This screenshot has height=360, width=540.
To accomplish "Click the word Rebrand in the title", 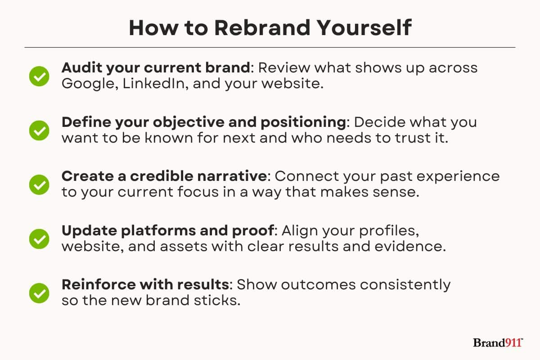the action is [262, 28].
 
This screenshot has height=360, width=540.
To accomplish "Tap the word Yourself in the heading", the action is [364, 28].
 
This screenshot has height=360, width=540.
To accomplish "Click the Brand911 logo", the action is [498, 342].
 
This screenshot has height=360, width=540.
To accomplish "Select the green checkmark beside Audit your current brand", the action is [39, 76].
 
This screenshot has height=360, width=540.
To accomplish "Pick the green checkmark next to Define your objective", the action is [39, 130].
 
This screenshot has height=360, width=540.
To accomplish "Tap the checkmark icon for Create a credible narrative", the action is [39, 184].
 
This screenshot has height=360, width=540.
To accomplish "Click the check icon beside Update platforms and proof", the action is [39, 239].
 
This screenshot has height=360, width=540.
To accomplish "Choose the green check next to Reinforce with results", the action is [39, 293].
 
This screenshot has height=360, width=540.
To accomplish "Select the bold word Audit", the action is [82, 67].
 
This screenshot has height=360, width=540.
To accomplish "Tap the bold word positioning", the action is [303, 122].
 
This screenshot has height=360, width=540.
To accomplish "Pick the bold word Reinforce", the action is [99, 284].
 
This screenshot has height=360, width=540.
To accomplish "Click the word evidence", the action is [410, 247].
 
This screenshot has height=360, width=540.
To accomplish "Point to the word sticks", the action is [217, 301].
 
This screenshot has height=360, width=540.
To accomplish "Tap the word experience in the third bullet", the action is [458, 177].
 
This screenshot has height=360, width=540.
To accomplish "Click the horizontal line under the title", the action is [270, 48].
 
